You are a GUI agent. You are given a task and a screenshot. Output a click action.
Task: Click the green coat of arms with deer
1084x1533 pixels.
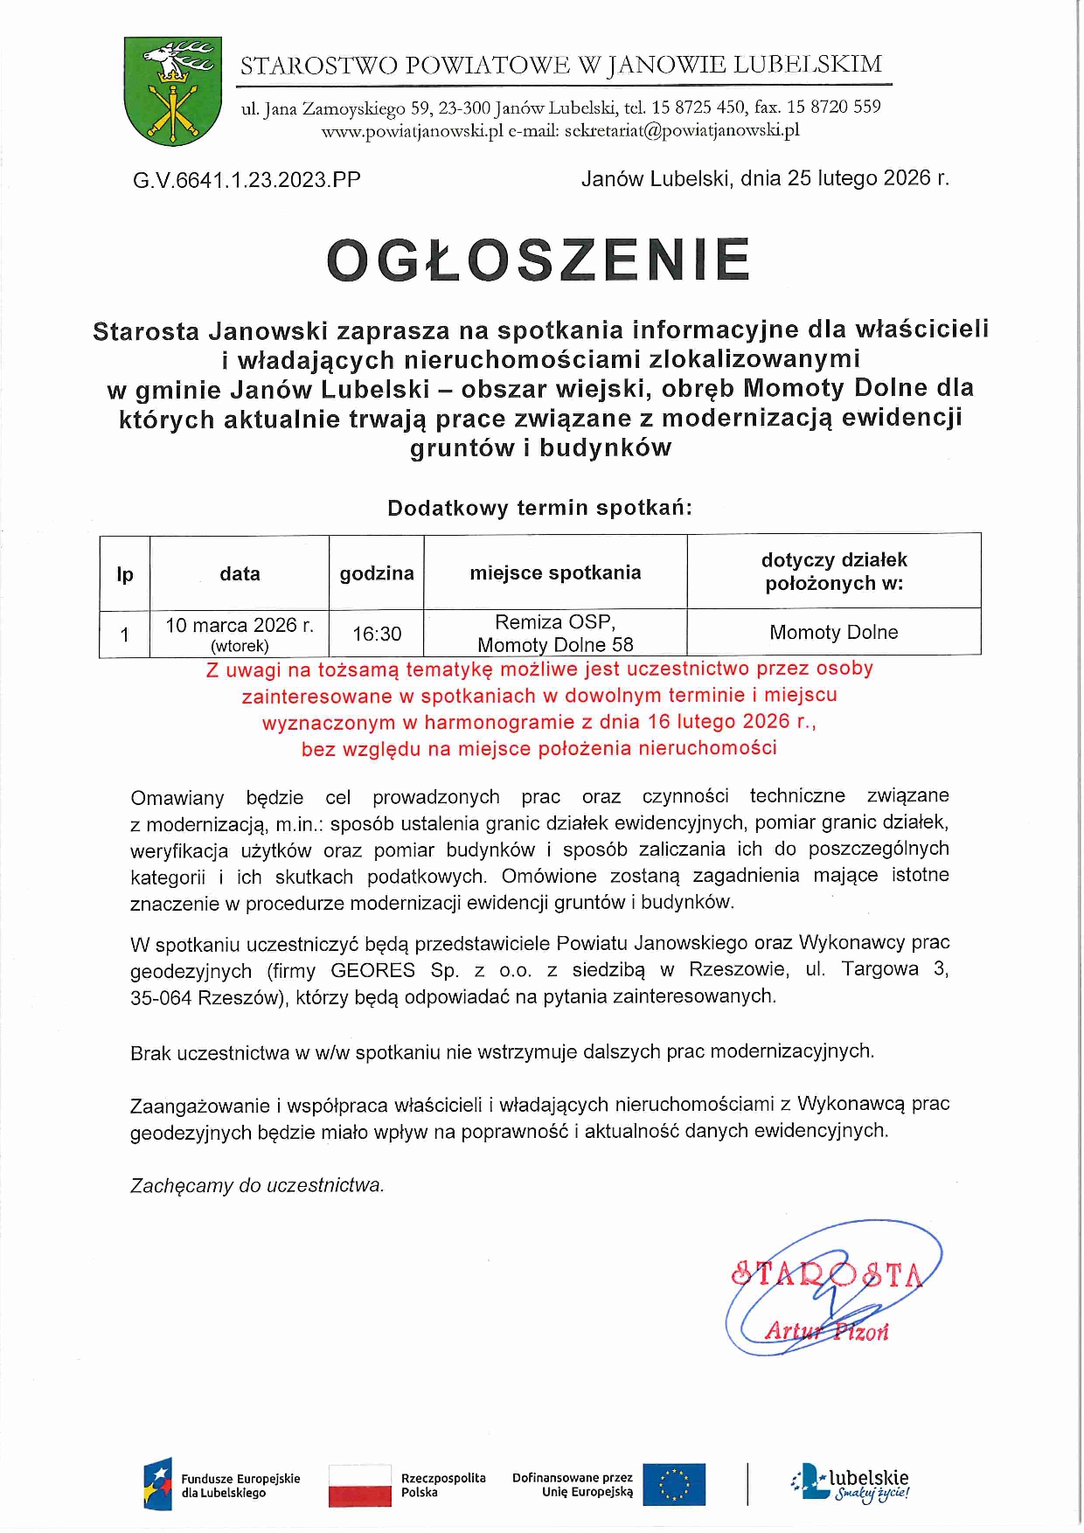coord(173,91)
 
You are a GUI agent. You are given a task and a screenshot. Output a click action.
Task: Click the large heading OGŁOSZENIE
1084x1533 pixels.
coord(539,260)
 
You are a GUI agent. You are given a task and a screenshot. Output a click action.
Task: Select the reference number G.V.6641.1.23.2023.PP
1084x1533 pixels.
coord(247,180)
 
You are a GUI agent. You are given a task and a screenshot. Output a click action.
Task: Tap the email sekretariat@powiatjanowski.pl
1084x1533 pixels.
coord(682,131)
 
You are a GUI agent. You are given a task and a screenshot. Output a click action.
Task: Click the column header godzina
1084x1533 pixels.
coord(377,573)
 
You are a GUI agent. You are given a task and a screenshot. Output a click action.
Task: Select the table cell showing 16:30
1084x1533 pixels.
coord(377,634)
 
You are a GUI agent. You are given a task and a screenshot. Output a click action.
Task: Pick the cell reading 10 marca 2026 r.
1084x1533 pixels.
coord(240,626)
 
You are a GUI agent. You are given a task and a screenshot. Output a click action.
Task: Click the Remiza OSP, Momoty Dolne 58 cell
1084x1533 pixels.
coord(555,633)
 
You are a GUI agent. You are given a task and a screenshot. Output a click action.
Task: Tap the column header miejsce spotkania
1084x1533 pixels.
coord(555,572)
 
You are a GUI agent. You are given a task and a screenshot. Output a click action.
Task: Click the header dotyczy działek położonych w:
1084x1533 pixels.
coord(834,571)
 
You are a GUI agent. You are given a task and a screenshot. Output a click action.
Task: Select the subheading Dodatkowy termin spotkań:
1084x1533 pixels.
coord(539,508)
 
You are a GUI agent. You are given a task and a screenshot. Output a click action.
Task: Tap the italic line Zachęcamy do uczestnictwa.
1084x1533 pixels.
coord(257,1186)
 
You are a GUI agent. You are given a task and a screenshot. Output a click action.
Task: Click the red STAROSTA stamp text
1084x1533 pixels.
coord(826,1275)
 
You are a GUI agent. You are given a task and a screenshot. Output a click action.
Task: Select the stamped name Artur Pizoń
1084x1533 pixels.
coord(826,1331)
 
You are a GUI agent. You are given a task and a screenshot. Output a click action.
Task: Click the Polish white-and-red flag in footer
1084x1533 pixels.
coord(359,1485)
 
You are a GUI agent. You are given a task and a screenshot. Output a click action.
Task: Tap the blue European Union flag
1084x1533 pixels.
coord(673,1484)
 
